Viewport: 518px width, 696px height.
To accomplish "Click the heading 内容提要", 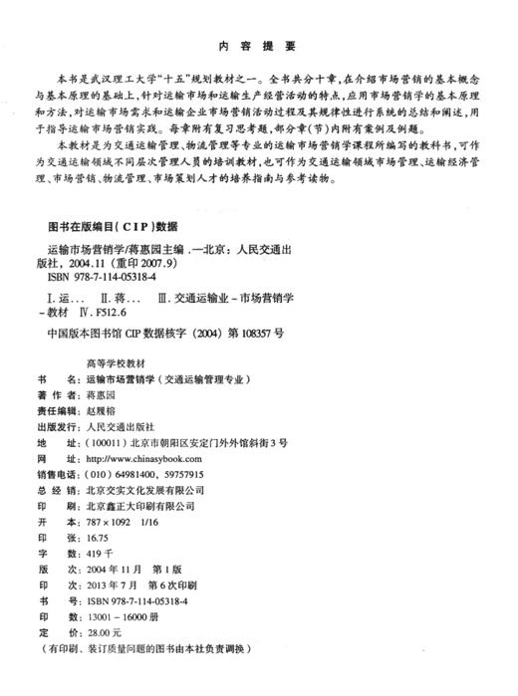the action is coord(256,46).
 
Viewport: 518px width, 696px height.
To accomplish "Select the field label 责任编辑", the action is coord(57,408).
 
